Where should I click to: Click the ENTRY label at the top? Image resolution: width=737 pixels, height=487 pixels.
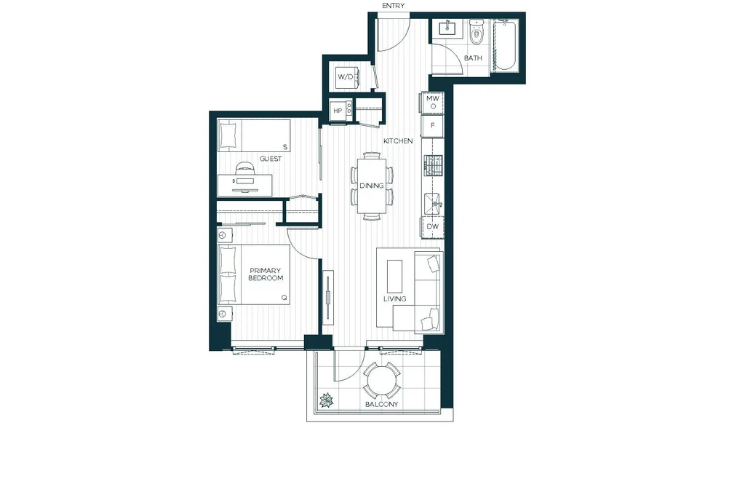click(x=393, y=6)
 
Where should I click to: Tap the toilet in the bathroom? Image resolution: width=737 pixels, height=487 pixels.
click(x=477, y=31)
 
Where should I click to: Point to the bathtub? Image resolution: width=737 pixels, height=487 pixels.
click(x=505, y=45)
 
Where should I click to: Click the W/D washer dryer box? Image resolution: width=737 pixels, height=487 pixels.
click(x=346, y=76)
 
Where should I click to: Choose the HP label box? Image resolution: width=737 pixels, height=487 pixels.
click(x=338, y=111)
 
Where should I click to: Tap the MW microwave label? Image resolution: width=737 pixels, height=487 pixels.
click(x=432, y=99)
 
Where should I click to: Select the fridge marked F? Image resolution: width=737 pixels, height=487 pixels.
click(x=432, y=126)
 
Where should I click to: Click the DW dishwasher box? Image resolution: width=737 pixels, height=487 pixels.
click(x=432, y=226)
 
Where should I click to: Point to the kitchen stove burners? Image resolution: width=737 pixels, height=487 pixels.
click(x=434, y=166)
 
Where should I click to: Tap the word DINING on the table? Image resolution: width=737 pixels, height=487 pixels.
click(x=372, y=186)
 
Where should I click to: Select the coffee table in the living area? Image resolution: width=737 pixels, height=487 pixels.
click(x=394, y=277)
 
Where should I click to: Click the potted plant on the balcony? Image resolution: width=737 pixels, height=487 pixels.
click(x=326, y=400)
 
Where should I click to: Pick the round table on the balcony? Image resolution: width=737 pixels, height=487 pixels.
click(x=382, y=381)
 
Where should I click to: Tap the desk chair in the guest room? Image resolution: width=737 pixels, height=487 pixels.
click(x=244, y=168)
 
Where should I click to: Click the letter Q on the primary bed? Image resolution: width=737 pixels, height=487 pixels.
click(x=284, y=298)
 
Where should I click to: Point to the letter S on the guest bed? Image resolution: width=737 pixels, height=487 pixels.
click(x=285, y=148)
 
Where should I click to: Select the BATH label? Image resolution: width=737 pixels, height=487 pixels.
click(x=473, y=58)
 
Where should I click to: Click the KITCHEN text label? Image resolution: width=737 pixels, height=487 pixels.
click(x=398, y=141)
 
